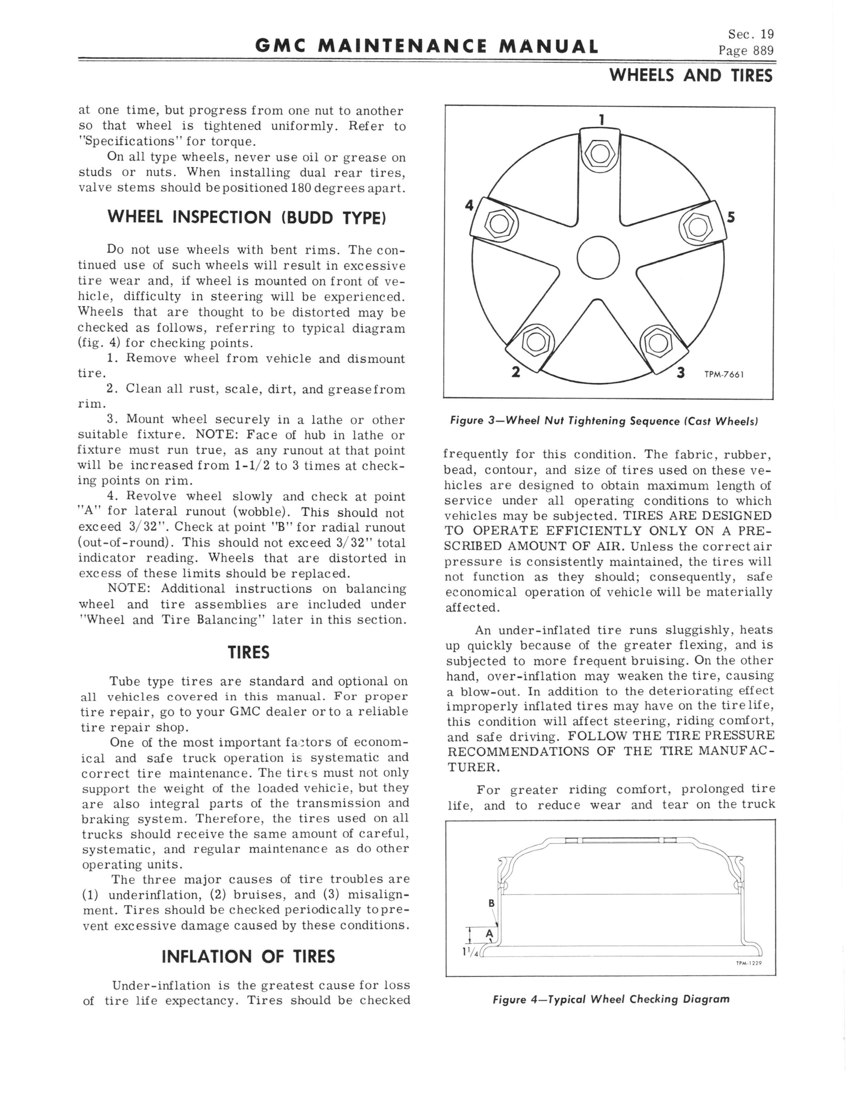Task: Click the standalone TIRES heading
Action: coord(248,652)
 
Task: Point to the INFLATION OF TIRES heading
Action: coord(248,957)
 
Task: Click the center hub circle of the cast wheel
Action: coord(598,258)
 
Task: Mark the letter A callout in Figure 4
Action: coord(490,933)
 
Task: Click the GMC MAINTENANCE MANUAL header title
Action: coord(426,47)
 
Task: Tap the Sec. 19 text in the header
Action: coord(751,34)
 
